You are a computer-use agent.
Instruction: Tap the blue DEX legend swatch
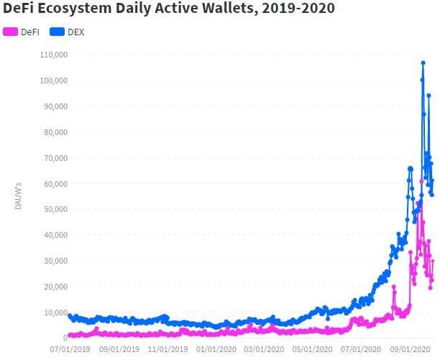(x=57, y=32)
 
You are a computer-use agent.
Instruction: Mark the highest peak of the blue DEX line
(x=423, y=63)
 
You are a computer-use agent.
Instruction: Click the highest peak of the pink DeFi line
(x=421, y=181)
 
